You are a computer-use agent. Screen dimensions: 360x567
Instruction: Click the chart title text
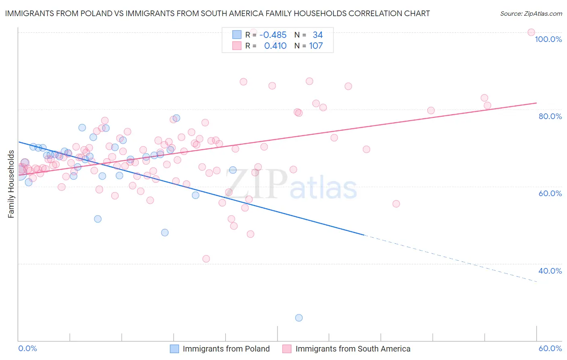[x=217, y=13]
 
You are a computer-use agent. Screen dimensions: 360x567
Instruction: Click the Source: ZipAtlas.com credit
[x=531, y=13]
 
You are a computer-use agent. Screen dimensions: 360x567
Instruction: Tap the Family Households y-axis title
[x=11, y=184]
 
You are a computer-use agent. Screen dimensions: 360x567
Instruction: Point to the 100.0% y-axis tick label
[x=548, y=39]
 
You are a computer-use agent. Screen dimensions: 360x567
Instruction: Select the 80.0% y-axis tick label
[x=550, y=116]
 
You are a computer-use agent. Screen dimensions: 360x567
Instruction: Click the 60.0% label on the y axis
[x=550, y=193]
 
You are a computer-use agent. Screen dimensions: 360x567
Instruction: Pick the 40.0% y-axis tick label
[x=550, y=271]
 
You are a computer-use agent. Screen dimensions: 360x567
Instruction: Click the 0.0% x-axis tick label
[x=27, y=348]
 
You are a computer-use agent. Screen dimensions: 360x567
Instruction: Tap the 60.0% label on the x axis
[x=550, y=348]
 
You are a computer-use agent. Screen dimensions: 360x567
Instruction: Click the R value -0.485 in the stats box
[x=273, y=35]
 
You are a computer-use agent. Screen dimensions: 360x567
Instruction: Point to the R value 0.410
[x=275, y=46]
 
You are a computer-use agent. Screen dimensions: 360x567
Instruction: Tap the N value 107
[x=316, y=46]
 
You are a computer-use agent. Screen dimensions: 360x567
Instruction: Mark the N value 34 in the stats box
[x=317, y=35]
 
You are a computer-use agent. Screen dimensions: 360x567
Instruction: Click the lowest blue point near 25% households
[x=299, y=318]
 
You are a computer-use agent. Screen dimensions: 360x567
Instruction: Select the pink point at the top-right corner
[x=531, y=32]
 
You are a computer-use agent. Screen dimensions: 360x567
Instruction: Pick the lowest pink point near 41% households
[x=206, y=259]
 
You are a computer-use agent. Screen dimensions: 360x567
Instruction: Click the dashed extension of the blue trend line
[x=452, y=258]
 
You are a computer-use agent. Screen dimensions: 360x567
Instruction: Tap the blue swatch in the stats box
[x=237, y=35]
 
